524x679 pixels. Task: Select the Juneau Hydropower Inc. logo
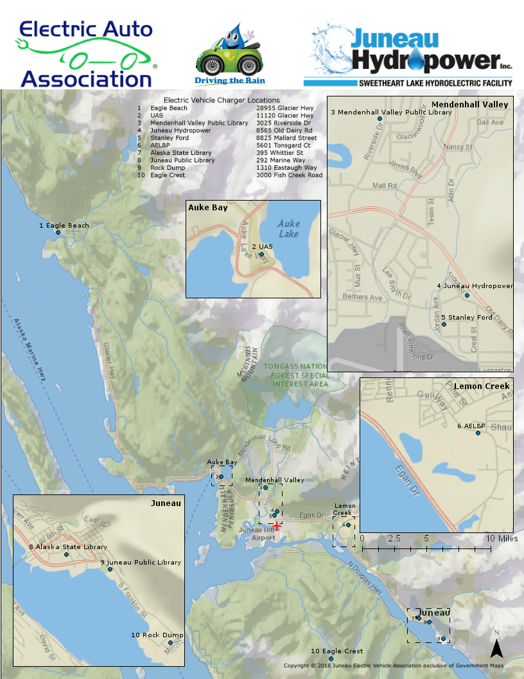(408, 55)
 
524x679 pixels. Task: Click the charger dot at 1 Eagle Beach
(58, 233)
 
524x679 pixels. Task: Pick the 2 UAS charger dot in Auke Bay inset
(261, 255)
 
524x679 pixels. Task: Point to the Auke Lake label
(288, 229)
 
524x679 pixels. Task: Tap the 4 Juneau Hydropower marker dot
(467, 296)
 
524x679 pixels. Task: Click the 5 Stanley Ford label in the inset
(467, 317)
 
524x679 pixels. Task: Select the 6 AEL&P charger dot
(478, 433)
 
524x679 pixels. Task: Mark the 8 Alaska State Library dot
(66, 554)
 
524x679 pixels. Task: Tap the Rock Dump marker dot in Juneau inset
(170, 642)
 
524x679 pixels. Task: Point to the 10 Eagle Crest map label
(337, 651)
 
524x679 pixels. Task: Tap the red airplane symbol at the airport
(276, 526)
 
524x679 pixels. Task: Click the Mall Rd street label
(385, 186)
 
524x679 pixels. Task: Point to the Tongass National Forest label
(296, 375)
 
